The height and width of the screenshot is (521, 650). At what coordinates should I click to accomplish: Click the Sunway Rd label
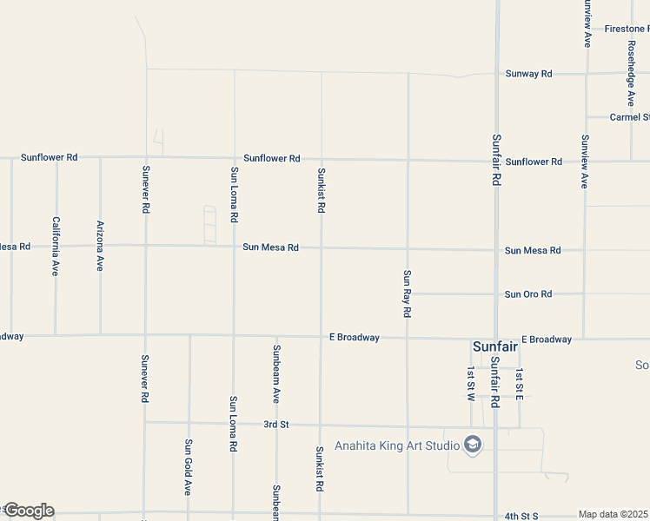pyautogui.click(x=528, y=74)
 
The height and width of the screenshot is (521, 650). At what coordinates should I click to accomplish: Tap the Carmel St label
pyautogui.click(x=629, y=117)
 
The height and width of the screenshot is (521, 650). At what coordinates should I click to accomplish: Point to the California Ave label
pyautogui.click(x=56, y=247)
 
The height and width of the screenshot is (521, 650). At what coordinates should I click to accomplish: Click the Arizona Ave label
pyautogui.click(x=100, y=246)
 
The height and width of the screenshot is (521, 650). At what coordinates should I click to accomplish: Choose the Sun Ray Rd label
pyautogui.click(x=406, y=293)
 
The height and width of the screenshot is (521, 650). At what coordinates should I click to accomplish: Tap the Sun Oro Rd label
pyautogui.click(x=528, y=294)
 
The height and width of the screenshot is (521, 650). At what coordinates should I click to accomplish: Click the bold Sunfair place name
pyautogui.click(x=495, y=346)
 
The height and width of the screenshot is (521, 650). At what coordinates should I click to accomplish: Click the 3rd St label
pyautogui.click(x=275, y=425)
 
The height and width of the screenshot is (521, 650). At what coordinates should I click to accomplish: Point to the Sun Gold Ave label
pyautogui.click(x=188, y=466)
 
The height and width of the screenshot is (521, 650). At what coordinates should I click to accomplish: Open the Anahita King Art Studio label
pyautogui.click(x=397, y=446)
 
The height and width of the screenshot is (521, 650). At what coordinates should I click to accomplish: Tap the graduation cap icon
pyautogui.click(x=473, y=445)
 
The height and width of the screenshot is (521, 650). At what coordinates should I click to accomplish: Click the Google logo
pyautogui.click(x=28, y=511)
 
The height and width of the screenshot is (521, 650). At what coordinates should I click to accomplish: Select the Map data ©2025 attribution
pyautogui.click(x=614, y=514)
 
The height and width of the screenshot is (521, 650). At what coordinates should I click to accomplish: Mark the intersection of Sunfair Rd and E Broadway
pyautogui.click(x=495, y=339)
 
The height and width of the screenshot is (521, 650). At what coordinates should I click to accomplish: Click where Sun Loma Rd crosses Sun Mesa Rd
pyautogui.click(x=234, y=246)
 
